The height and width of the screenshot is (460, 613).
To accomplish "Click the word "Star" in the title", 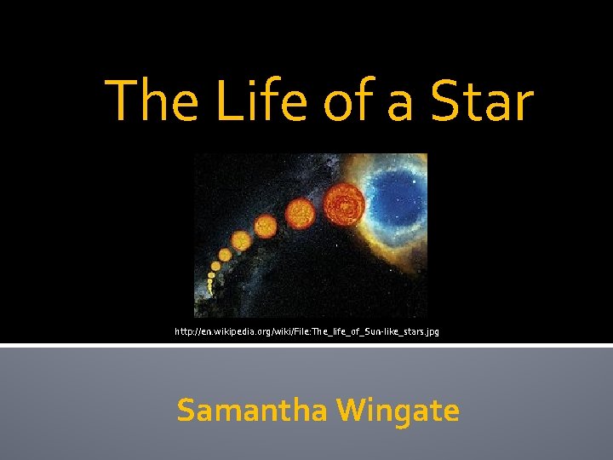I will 481,101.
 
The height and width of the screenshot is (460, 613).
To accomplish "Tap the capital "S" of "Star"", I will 446,101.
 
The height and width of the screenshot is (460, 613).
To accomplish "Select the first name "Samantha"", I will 252,411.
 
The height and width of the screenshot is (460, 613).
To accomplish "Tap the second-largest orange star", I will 299,212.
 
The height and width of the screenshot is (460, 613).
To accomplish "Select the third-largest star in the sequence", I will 266,227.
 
